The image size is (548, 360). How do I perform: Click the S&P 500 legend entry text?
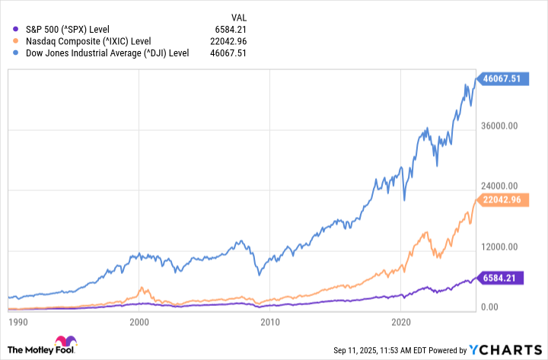(x=67, y=30)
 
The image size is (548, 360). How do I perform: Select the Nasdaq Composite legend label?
(x=88, y=41)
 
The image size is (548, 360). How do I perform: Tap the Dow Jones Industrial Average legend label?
(x=107, y=53)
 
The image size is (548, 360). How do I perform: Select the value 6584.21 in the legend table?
(x=231, y=30)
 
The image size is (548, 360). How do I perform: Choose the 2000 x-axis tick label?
(x=139, y=323)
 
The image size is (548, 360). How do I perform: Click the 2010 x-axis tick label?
(x=269, y=323)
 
